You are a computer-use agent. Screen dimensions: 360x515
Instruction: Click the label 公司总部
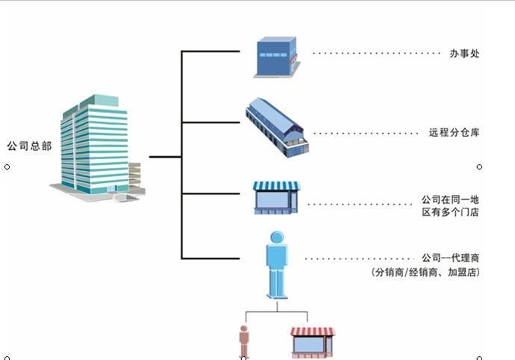(28, 146)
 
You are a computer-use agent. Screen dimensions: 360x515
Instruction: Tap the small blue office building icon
(276, 57)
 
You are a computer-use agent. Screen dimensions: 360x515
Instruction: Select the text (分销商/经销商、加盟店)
(425, 273)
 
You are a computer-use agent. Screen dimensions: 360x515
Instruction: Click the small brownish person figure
(243, 342)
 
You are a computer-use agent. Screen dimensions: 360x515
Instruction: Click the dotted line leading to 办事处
(377, 54)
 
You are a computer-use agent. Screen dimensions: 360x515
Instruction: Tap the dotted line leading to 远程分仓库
(366, 134)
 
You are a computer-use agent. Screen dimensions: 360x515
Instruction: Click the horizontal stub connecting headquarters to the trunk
(165, 157)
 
